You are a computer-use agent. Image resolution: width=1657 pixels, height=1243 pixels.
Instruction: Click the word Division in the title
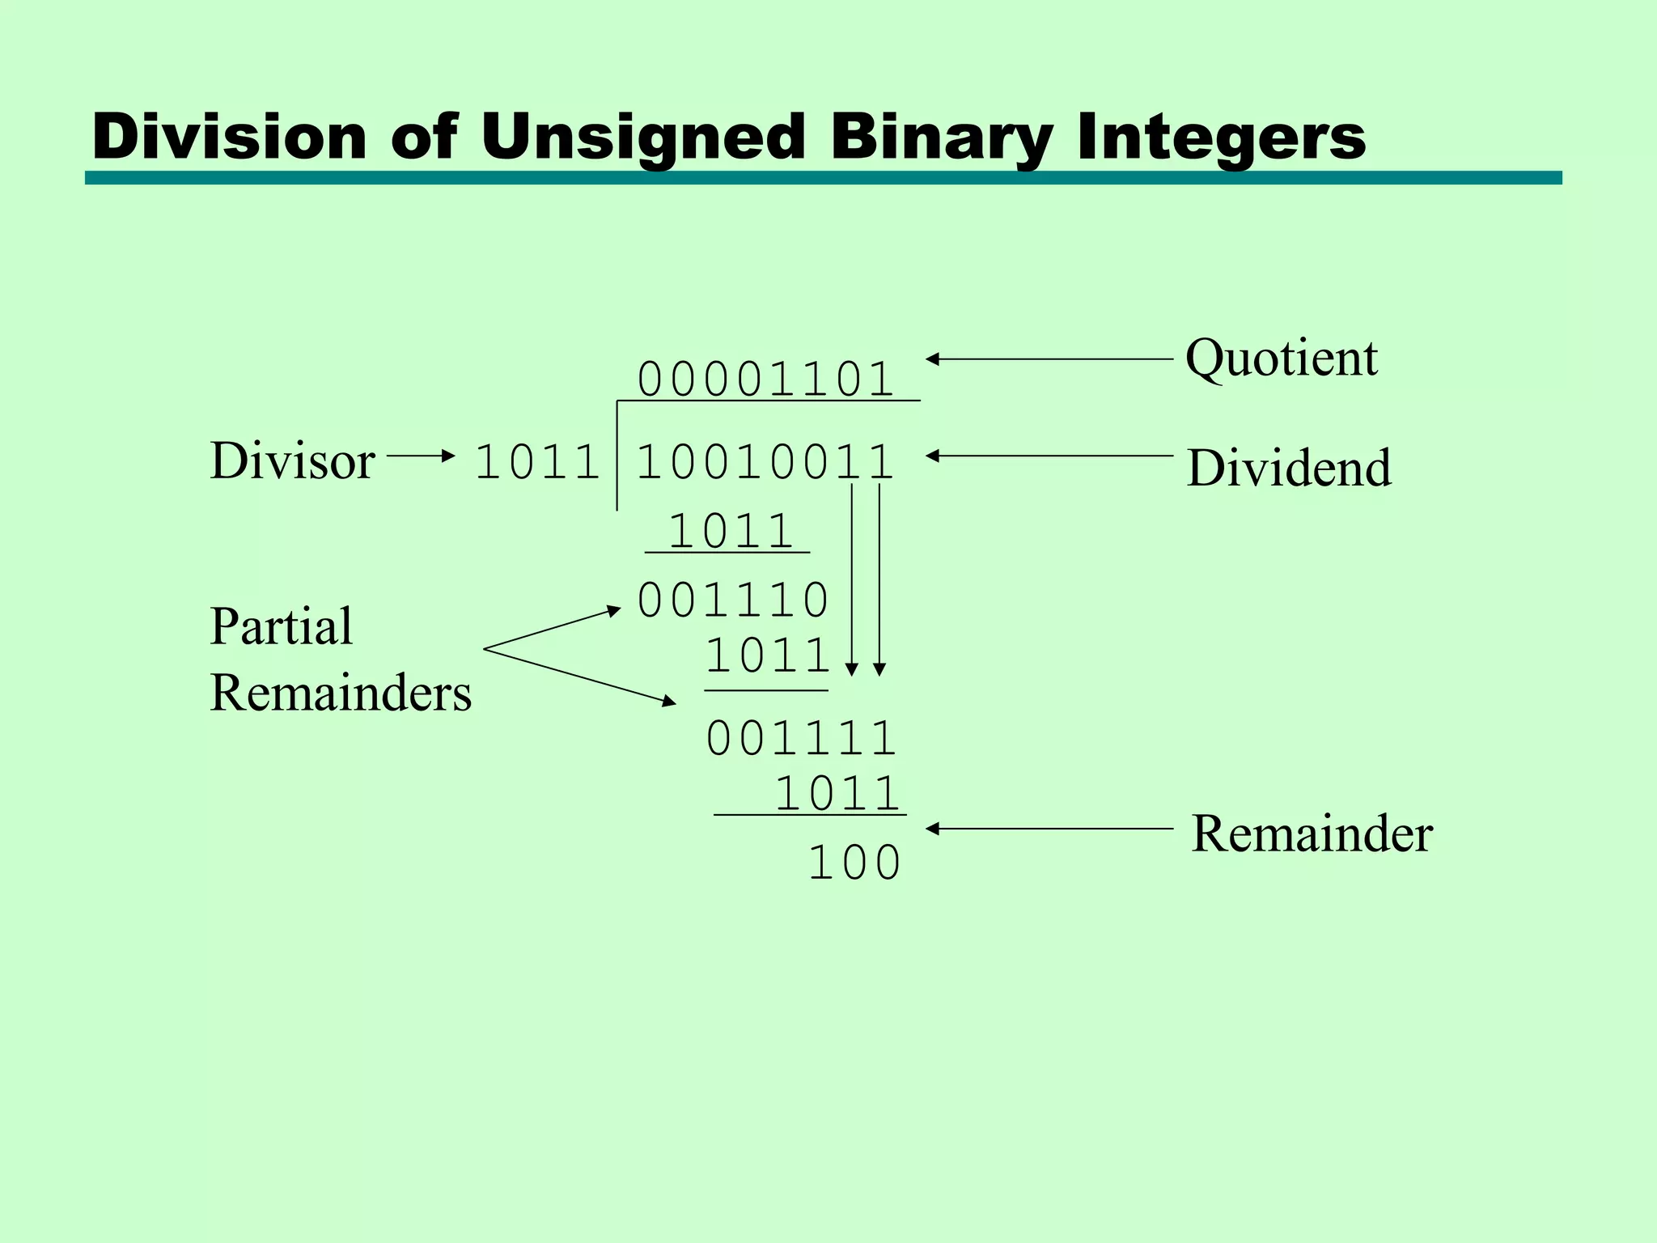pos(230,136)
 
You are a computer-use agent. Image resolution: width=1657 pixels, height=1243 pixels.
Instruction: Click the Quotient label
pos(1281,358)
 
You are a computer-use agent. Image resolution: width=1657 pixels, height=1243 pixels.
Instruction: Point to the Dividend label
pos(1289,468)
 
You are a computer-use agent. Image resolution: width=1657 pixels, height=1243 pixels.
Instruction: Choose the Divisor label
pos(292,460)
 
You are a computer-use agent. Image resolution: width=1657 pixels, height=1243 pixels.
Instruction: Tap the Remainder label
pos(1312,834)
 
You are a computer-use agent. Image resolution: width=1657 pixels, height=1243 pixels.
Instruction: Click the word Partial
pos(281,626)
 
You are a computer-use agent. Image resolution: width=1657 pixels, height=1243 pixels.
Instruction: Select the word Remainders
pos(340,693)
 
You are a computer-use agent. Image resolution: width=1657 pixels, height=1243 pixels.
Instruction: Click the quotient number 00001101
pos(765,379)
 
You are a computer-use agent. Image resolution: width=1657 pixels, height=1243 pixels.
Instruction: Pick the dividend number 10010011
pos(765,463)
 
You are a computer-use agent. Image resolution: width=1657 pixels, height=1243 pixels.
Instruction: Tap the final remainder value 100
pos(854,863)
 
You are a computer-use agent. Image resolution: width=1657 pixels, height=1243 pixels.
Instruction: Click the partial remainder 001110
pos(733,600)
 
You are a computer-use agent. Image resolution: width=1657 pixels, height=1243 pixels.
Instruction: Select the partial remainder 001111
pos(801,739)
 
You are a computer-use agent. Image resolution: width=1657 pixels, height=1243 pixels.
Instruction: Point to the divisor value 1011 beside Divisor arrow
pos(537,463)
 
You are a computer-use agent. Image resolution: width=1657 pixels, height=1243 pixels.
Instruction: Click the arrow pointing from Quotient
pos(1049,358)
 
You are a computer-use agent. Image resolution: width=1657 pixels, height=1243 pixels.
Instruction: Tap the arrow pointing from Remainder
pos(1049,829)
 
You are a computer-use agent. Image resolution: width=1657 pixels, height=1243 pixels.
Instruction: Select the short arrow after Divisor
pos(421,456)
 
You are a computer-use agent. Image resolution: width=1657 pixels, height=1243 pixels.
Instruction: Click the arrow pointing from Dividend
pos(1049,456)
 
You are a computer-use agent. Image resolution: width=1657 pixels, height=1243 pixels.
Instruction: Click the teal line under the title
pos(823,178)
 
